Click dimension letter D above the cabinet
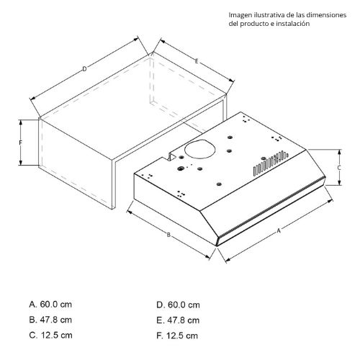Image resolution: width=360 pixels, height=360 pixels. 84,69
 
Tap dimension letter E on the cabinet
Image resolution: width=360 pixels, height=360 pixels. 197,61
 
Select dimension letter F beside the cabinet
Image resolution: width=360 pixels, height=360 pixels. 21,143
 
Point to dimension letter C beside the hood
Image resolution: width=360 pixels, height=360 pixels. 339,168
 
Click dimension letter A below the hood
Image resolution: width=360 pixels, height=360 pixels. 279,231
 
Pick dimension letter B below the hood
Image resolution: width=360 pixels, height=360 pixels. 168,235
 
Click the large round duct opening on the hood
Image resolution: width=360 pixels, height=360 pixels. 200,149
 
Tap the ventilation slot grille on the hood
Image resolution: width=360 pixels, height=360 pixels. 271,162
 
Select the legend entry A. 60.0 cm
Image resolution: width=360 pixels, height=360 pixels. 50,305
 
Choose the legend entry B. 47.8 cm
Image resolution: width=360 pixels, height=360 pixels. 50,320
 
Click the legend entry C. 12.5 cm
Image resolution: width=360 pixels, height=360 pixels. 50,335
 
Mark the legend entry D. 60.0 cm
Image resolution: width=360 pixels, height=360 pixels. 178,305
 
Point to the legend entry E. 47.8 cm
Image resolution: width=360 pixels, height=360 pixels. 178,320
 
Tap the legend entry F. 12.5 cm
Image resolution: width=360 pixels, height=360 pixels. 177,336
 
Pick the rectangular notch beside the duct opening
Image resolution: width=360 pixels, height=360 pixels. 173,156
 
